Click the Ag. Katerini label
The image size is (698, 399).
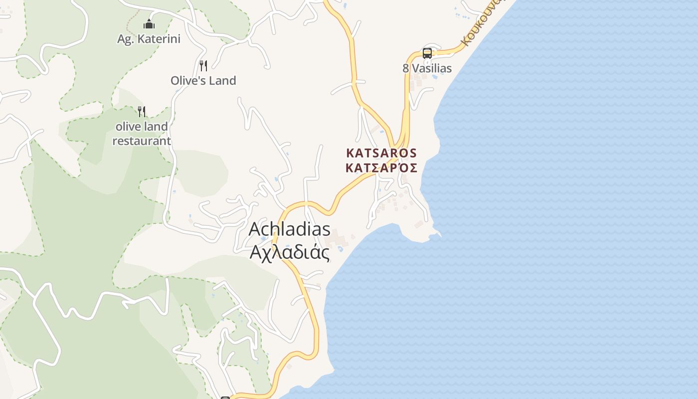tap(149, 39)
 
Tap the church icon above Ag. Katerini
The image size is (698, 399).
tap(149, 24)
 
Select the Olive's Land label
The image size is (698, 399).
tap(203, 81)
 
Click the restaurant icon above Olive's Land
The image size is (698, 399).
tap(203, 65)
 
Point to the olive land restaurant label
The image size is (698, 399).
tap(142, 134)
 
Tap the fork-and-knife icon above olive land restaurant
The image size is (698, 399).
tap(142, 111)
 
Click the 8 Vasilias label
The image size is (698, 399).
tap(427, 68)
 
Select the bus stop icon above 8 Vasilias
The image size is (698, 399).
tap(427, 53)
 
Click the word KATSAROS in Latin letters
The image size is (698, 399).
tap(381, 153)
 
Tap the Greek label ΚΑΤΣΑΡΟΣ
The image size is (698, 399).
tap(381, 168)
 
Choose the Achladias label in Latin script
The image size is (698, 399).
tap(289, 229)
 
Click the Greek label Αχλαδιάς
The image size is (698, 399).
tap(289, 252)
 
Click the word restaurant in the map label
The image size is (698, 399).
tap(142, 141)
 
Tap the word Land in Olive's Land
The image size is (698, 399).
tap(222, 81)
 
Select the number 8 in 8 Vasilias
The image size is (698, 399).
tap(406, 68)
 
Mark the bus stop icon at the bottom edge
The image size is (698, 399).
tap(225, 398)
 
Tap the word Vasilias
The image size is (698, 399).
tap(432, 68)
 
